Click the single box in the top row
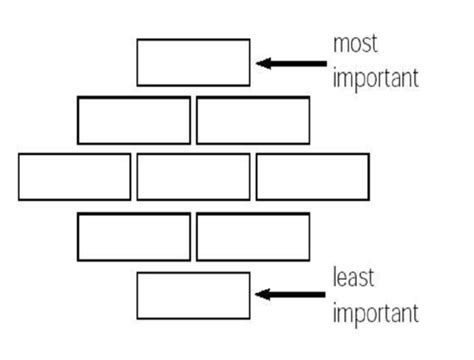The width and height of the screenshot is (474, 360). point(193,62)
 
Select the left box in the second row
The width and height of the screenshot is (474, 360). point(133,120)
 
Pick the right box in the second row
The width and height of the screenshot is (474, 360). point(252,120)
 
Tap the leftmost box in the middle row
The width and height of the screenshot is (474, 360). point(74,177)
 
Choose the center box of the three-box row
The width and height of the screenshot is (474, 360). point(193,177)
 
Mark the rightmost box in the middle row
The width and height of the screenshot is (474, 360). point(312,177)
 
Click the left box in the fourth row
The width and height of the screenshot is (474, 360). point(133,237)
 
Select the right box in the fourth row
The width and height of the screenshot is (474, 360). point(252,237)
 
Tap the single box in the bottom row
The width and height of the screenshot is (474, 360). point(193,295)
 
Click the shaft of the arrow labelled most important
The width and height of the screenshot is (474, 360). point(295,63)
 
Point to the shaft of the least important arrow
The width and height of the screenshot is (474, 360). point(295,295)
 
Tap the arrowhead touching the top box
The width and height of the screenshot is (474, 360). point(262,63)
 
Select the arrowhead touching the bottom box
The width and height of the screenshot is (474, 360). point(262,295)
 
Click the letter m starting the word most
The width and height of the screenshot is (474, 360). point(339,45)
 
